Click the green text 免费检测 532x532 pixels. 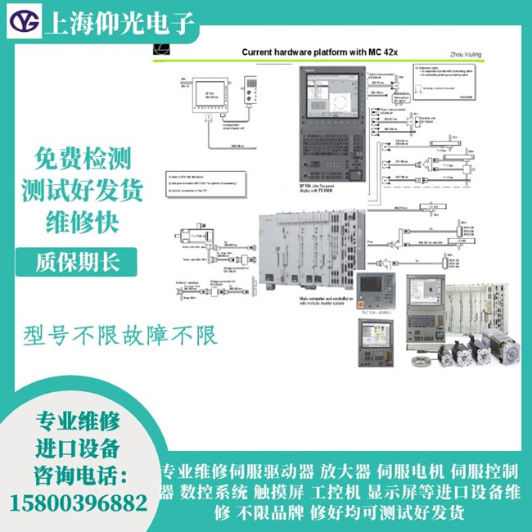[82, 158]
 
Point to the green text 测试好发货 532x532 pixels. [82, 191]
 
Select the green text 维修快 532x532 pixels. [82, 223]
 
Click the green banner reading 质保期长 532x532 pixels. [79, 262]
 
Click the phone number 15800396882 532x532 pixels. [79, 503]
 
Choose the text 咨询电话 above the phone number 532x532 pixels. [79, 476]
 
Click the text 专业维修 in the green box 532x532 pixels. [79, 423]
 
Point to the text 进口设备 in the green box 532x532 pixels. [79, 449]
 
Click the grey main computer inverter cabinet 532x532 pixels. [307, 249]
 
